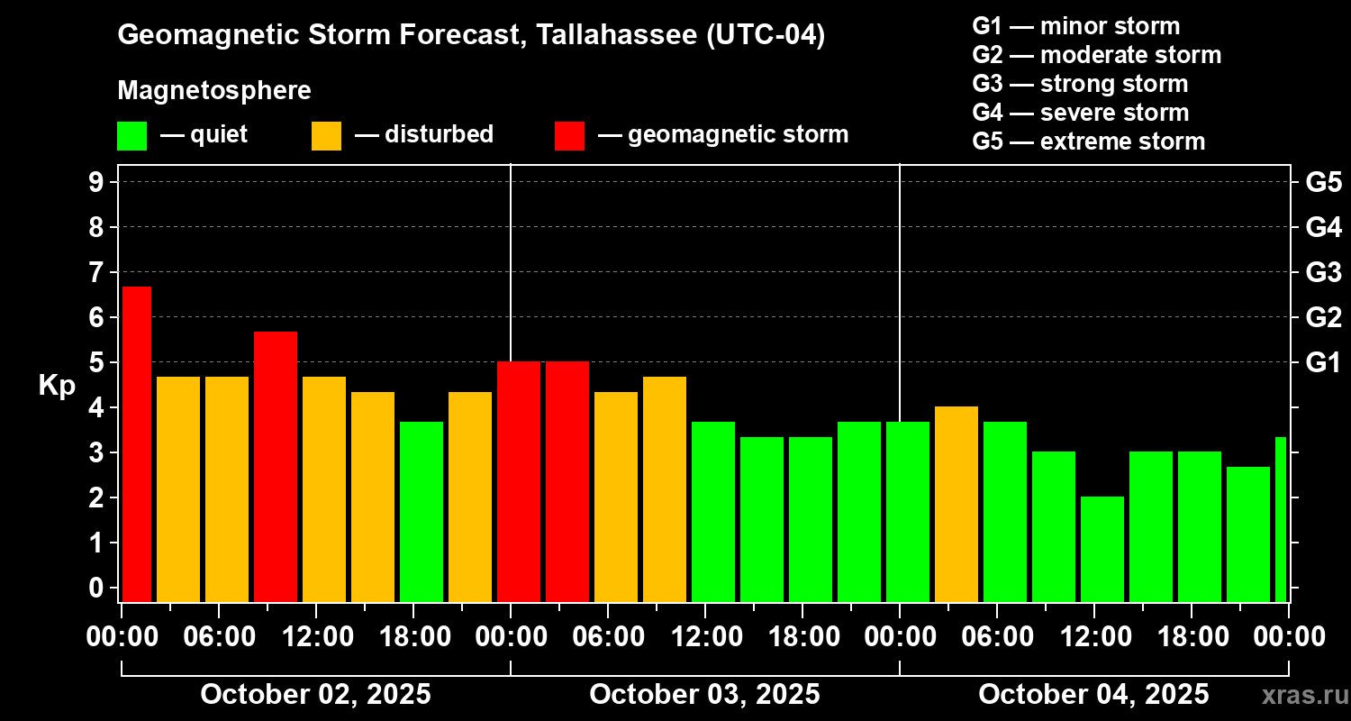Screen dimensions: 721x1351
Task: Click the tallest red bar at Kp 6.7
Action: (136, 443)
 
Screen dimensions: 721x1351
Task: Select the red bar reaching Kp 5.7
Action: (276, 466)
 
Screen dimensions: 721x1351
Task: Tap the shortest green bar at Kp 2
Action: (1102, 549)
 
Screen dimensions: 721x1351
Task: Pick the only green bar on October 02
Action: (422, 511)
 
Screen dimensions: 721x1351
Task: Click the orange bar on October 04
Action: (957, 504)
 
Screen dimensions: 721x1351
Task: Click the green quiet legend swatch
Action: (131, 136)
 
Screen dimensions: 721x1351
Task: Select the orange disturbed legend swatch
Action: (326, 136)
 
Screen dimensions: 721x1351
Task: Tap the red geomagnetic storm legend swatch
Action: (569, 136)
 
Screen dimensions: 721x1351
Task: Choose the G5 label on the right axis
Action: (1323, 182)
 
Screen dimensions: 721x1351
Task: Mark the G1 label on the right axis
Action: (1323, 363)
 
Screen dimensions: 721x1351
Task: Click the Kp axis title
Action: (57, 385)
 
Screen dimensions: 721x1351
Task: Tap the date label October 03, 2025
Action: (704, 695)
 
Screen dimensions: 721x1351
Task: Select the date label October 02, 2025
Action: (315, 695)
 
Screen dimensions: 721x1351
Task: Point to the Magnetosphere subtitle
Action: (214, 91)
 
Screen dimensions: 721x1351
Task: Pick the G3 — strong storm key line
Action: (1080, 84)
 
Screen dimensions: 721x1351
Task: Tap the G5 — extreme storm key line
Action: (1088, 141)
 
